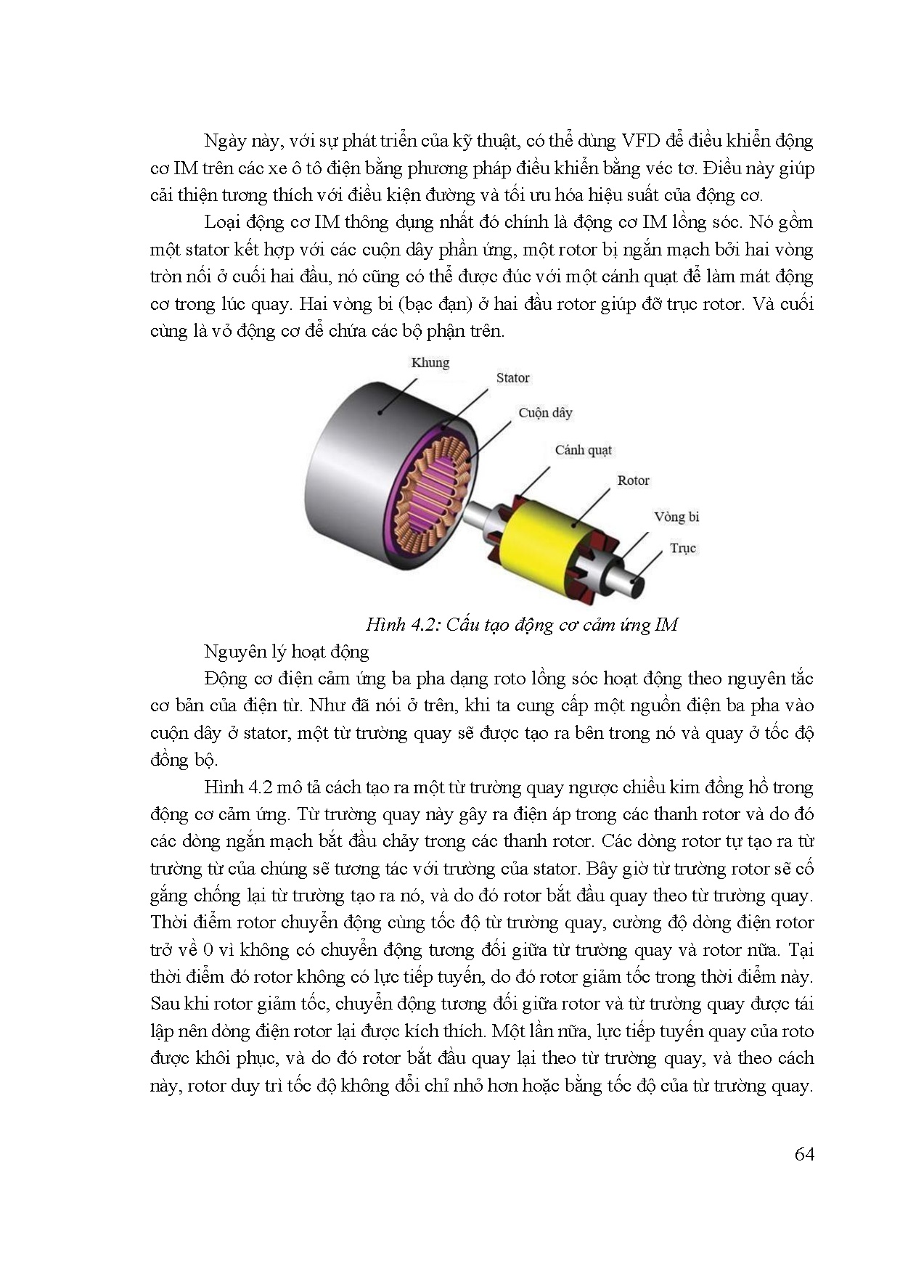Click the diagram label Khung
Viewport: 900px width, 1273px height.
430,362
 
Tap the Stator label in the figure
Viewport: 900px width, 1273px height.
512,377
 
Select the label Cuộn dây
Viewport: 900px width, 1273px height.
545,412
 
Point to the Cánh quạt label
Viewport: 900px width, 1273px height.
583,450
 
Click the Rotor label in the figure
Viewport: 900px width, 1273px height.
633,480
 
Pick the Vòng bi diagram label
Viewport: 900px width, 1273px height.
676,517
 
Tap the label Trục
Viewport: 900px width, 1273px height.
682,548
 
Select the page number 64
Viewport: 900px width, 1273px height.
804,1155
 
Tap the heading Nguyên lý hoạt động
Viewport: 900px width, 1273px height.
287,651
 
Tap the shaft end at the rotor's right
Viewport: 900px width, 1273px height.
639,585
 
